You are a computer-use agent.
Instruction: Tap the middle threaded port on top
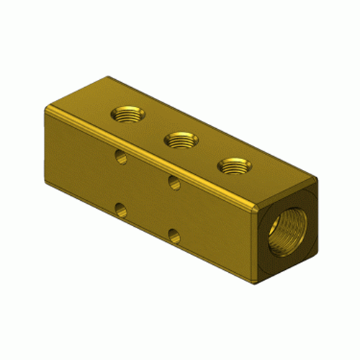coord(180,140)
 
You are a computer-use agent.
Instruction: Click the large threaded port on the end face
coord(287,235)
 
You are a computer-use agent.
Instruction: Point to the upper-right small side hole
coord(174,183)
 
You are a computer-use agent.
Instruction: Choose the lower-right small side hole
coord(174,235)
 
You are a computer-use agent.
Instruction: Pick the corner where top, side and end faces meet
coord(257,207)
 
